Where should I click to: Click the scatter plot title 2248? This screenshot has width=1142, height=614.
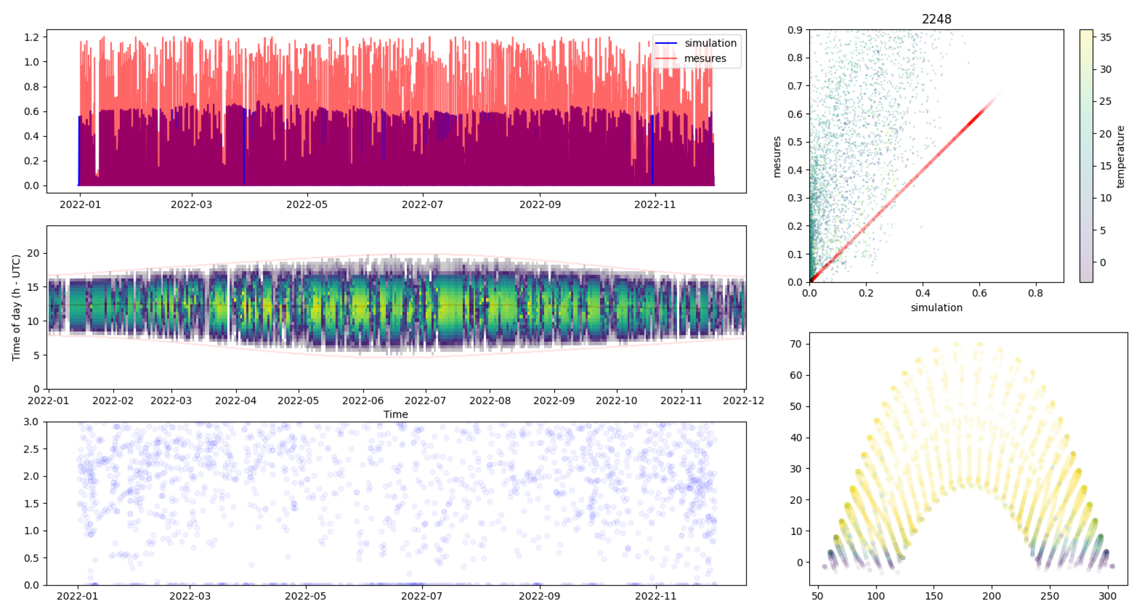pyautogui.click(x=936, y=19)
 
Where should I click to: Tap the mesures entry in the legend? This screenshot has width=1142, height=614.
pyautogui.click(x=705, y=59)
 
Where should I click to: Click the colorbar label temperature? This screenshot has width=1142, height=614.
pyautogui.click(x=1120, y=157)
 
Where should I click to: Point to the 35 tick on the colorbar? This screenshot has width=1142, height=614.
pyautogui.click(x=1105, y=37)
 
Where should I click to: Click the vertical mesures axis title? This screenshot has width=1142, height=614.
pyautogui.click(x=777, y=157)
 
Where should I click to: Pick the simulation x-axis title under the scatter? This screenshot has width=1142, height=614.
pyautogui.click(x=936, y=308)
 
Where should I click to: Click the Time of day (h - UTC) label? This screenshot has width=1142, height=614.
pyautogui.click(x=17, y=308)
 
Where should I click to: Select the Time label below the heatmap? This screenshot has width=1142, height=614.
pyautogui.click(x=395, y=415)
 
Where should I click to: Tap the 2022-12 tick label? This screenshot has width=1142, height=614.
pyautogui.click(x=744, y=401)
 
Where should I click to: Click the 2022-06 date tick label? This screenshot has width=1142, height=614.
pyautogui.click(x=363, y=401)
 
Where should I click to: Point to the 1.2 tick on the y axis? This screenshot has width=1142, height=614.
pyautogui.click(x=31, y=37)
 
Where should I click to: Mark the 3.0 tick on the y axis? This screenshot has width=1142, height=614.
pyautogui.click(x=31, y=422)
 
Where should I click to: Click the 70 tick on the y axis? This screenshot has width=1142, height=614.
pyautogui.click(x=796, y=344)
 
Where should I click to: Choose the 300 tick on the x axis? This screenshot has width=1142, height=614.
pyautogui.click(x=1107, y=596)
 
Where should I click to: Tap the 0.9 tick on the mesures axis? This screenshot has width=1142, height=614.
pyautogui.click(x=795, y=30)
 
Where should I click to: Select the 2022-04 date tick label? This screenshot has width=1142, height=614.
pyautogui.click(x=235, y=401)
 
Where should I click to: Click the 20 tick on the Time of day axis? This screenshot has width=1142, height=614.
pyautogui.click(x=33, y=253)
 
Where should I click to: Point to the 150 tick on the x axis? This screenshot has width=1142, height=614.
pyautogui.click(x=934, y=596)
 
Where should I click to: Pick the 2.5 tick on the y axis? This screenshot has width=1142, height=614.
pyautogui.click(x=31, y=449)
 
